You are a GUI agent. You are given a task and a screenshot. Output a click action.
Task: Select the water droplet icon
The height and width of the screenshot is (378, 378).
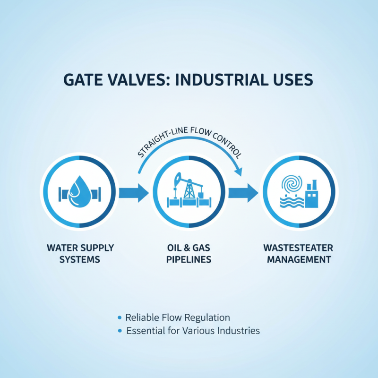point(79,191)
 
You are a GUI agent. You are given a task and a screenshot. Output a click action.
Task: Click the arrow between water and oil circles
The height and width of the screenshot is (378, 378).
point(133,193)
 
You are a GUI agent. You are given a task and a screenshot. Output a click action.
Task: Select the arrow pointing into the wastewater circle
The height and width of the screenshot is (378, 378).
point(243,193)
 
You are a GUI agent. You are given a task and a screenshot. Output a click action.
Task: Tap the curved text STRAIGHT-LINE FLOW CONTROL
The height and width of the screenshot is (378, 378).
point(189,142)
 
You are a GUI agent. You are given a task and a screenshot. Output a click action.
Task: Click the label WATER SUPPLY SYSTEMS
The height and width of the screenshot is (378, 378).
point(80,254)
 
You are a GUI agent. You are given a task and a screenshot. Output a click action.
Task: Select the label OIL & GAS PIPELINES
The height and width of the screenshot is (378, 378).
point(189,254)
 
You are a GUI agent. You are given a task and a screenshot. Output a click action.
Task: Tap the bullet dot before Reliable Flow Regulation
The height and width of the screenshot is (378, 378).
point(120,318)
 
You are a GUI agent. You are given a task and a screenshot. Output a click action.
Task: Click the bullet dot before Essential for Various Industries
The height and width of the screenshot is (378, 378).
point(120,331)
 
